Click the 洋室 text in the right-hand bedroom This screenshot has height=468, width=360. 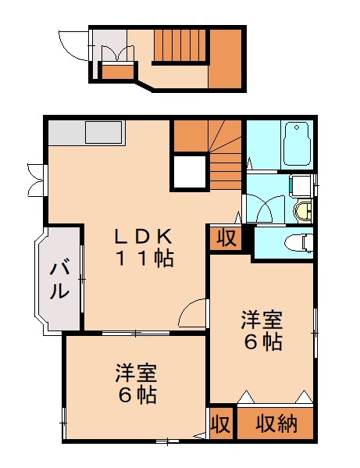tap(261, 320)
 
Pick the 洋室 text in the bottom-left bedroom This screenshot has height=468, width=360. tap(136, 373)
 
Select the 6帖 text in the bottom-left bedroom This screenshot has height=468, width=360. tap(136, 395)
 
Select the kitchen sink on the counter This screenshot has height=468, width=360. tap(103, 132)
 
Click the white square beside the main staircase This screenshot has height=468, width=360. tap(188, 172)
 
